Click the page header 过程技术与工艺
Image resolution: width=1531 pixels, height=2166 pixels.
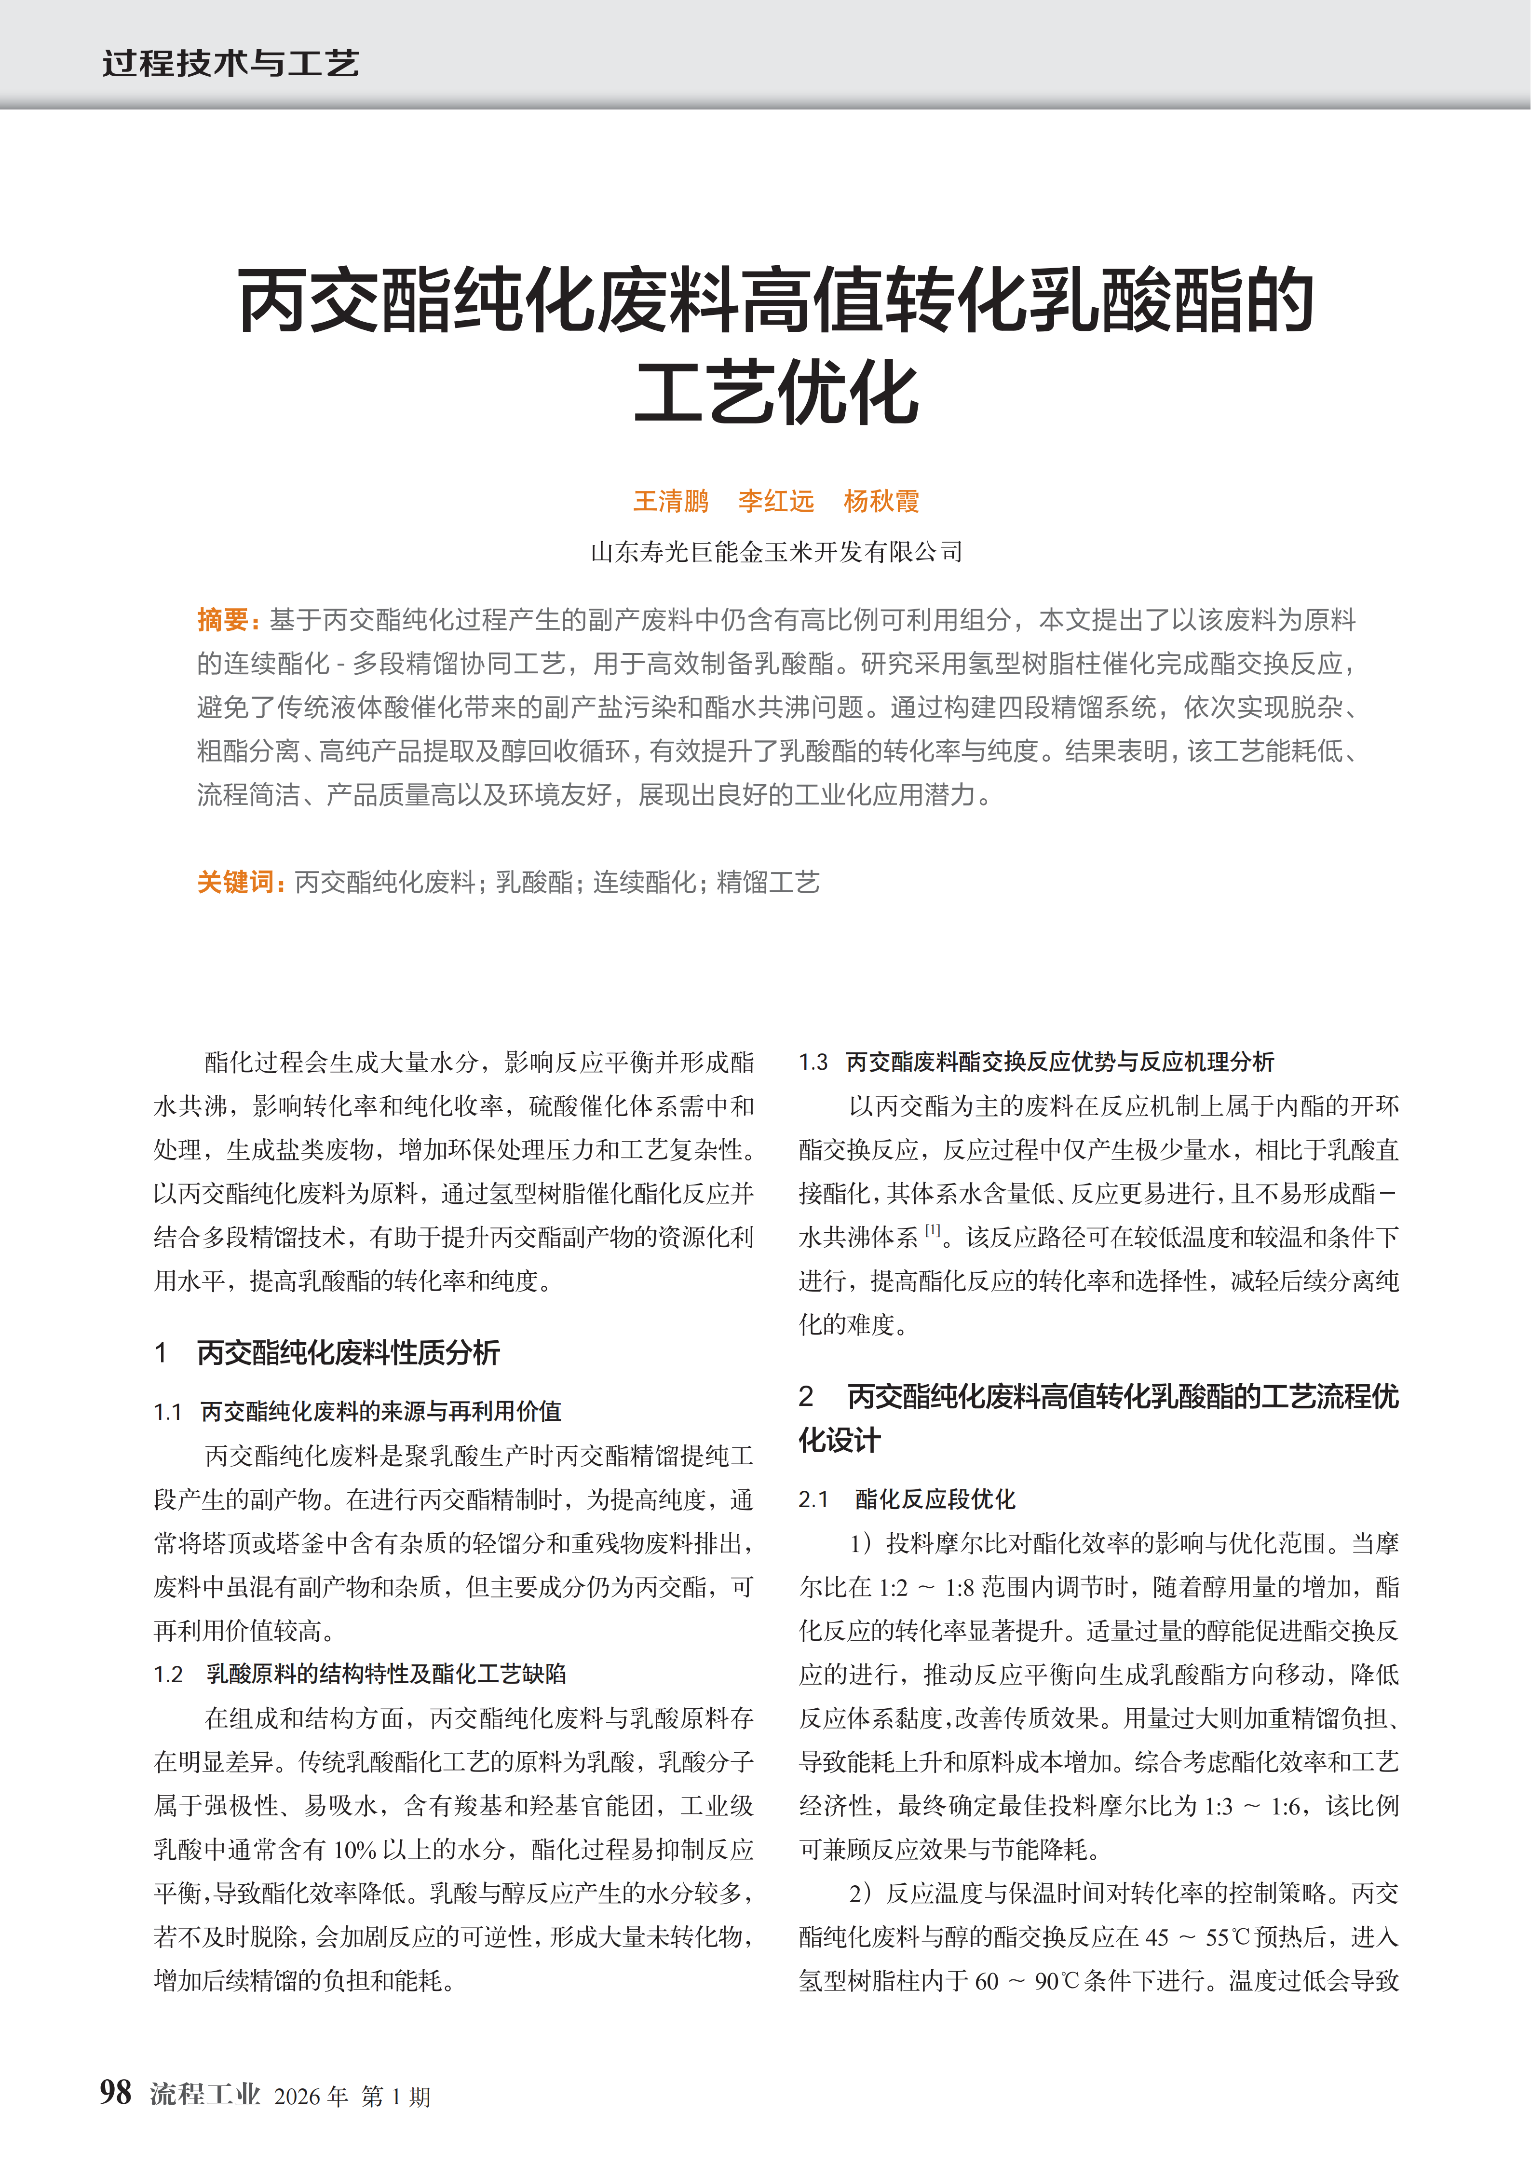pos(230,63)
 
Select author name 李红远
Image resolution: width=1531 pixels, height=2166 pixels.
pos(775,501)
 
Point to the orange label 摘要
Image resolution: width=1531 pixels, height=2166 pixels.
pos(223,620)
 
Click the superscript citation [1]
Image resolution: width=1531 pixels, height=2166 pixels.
pos(933,1230)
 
